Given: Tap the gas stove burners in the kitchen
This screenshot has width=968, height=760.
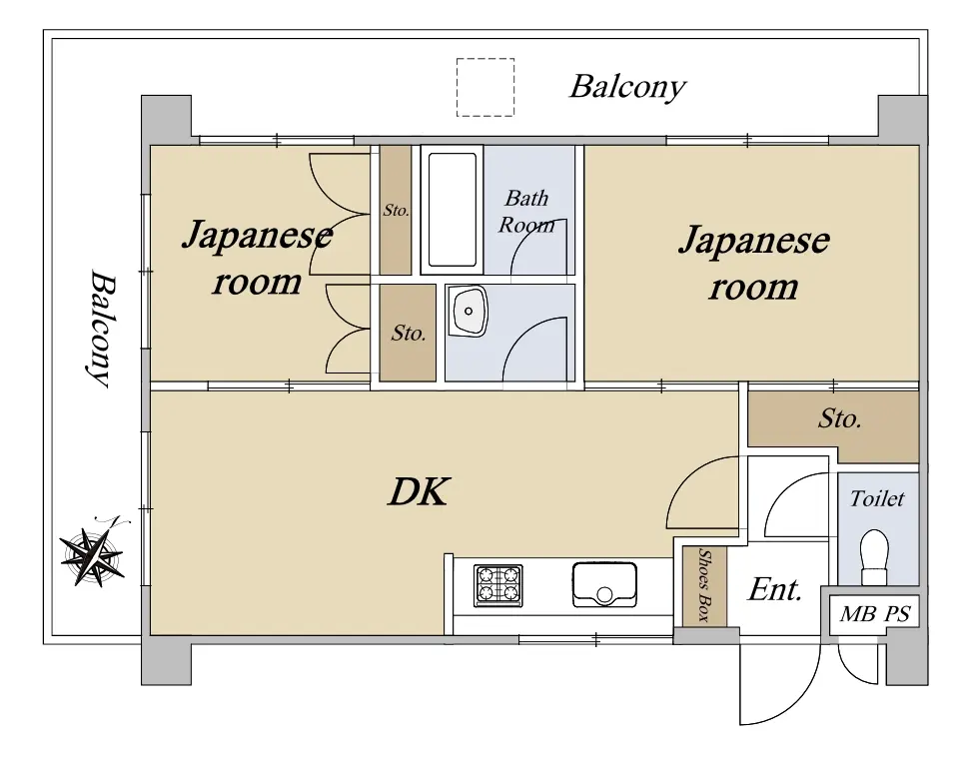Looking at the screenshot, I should [497, 585].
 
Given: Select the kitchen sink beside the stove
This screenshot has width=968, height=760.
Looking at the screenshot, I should [604, 583].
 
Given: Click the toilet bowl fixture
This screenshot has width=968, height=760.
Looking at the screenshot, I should [875, 554].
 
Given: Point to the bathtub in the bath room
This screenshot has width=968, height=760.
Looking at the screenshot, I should [452, 209].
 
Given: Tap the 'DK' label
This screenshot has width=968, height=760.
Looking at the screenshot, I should [419, 491].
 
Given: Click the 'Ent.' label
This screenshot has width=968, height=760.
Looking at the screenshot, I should [775, 589].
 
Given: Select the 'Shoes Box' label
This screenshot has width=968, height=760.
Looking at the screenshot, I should [704, 586].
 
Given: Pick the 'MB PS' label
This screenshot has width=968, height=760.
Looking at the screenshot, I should [874, 614].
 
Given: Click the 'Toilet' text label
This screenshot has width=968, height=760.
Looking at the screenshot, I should [877, 498].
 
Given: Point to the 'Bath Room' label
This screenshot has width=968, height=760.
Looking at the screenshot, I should [526, 211].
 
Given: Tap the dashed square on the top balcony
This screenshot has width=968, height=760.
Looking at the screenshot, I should [485, 87].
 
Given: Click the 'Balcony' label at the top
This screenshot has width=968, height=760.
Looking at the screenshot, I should [627, 87].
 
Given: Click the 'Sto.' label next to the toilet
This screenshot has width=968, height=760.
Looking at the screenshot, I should [839, 419].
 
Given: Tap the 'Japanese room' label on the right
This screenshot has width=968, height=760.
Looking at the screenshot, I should [753, 263].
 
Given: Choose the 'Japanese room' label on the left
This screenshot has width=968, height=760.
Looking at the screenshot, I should [256, 258].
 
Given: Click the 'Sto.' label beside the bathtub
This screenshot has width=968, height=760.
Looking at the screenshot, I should [395, 211].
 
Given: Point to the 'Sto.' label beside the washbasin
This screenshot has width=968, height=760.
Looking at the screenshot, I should [408, 334].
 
